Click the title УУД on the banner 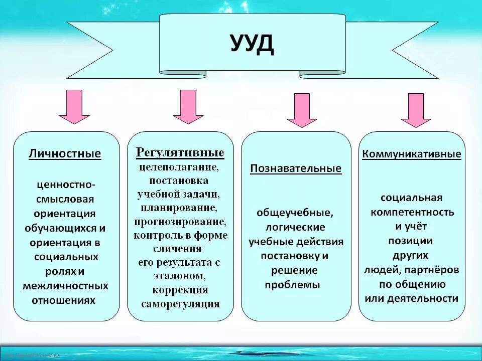(x=253, y=44)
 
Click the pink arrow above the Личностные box (x=74, y=107)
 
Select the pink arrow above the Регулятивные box (x=188, y=107)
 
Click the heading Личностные (x=65, y=153)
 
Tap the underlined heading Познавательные (x=296, y=168)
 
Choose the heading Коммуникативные (x=412, y=154)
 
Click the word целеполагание (x=179, y=166)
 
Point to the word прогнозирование (x=180, y=221)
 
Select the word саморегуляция (x=180, y=303)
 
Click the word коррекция (x=180, y=290)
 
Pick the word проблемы (x=292, y=285)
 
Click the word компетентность (x=412, y=212)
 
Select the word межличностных (x=65, y=286)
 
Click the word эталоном (x=179, y=276)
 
